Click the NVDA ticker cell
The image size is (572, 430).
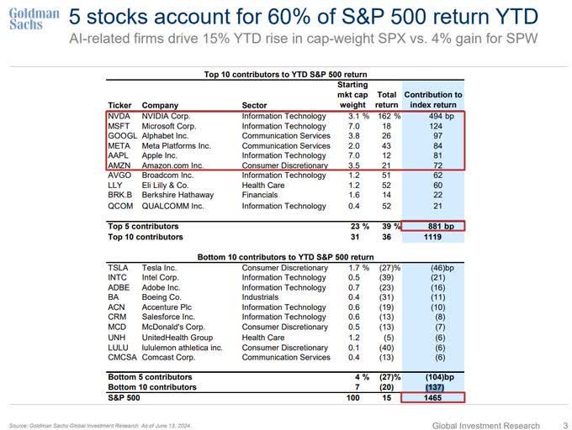pyautogui.click(x=119, y=116)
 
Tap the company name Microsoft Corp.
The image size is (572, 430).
pyautogui.click(x=169, y=126)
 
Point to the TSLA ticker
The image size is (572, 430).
pyautogui.click(x=119, y=267)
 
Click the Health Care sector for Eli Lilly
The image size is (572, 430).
pyautogui.click(x=262, y=186)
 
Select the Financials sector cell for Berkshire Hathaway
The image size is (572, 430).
pyautogui.click(x=260, y=196)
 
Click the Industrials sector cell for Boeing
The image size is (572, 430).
pyautogui.click(x=261, y=297)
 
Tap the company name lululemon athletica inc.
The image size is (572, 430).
pyautogui.click(x=182, y=347)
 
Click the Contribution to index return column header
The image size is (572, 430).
pyautogui.click(x=433, y=100)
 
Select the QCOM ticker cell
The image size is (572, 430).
pyautogui.click(x=121, y=206)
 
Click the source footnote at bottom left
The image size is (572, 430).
pyautogui.click(x=101, y=426)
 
